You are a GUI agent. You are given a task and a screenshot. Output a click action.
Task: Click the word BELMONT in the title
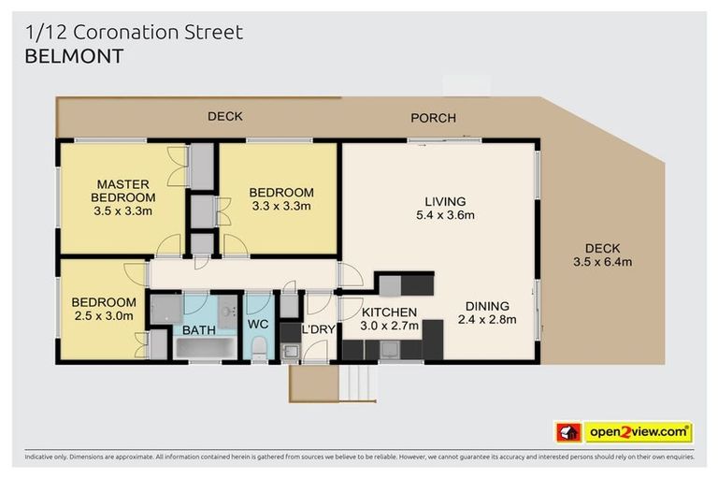[x=71, y=57]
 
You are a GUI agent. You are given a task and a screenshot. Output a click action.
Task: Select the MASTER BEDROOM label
[x=123, y=191]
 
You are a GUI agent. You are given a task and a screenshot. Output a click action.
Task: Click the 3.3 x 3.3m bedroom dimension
[x=280, y=206]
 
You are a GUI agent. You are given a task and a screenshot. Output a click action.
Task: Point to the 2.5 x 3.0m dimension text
[x=105, y=316]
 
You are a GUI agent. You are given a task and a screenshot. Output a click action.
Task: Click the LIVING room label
[x=445, y=201]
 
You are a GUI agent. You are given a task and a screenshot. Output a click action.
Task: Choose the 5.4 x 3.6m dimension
[x=445, y=215]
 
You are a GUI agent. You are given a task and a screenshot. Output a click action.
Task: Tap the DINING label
[x=486, y=306]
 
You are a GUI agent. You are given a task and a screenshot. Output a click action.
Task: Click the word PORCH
[x=433, y=118]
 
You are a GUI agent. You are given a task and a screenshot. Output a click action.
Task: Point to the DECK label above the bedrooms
[x=224, y=117]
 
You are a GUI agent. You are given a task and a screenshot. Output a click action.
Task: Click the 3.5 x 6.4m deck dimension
[x=602, y=262]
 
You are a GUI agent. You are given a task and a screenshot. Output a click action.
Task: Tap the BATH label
[x=198, y=330]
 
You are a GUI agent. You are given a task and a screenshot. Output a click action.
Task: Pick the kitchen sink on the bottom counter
[x=387, y=351]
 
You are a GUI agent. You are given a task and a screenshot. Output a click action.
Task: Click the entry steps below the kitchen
[x=358, y=382]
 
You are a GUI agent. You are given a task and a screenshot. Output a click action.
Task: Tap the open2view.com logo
[x=638, y=432]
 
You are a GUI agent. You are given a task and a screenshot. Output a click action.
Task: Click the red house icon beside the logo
[x=567, y=432]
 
